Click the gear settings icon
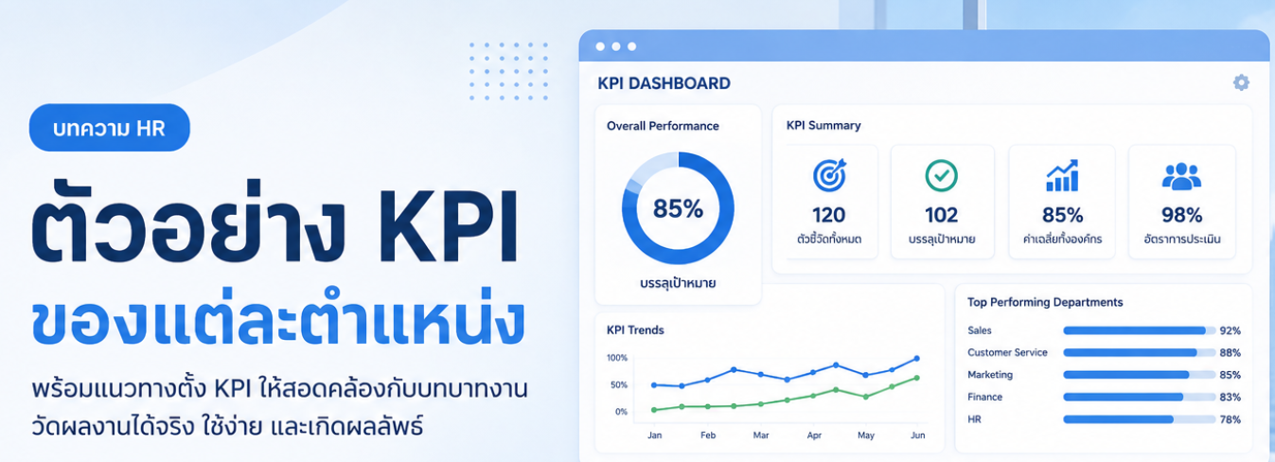coord(1241,82)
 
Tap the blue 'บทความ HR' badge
coord(109,128)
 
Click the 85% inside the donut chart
coord(678,209)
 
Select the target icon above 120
coord(829,175)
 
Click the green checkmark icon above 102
coord(942,175)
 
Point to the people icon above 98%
coord(1181,176)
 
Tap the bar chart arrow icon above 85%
coord(1062,175)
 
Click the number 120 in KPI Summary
coord(829,215)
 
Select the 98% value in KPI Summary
coord(1181,215)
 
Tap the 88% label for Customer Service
coord(1230,353)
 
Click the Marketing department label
coord(990,374)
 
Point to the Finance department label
coord(984,397)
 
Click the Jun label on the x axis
coord(917,435)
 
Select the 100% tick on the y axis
coord(617,358)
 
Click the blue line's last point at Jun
coord(916,359)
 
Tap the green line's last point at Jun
coord(916,378)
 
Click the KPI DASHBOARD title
coord(664,83)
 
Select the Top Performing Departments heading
coord(1045,302)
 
